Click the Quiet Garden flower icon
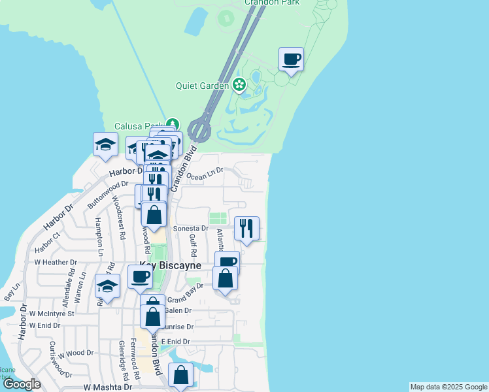tap(240, 85)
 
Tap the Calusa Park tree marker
tap(172, 124)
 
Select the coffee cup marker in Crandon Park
tap(292, 60)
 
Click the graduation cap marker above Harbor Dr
tap(105, 145)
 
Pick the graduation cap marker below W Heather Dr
tap(108, 287)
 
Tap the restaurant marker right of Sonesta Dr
tap(246, 229)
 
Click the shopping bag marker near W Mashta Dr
tap(181, 376)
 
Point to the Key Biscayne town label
tap(161, 265)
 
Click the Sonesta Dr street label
tap(191, 229)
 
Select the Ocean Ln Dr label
tap(205, 173)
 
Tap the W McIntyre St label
tap(52, 313)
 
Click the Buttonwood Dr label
tap(108, 193)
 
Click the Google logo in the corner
tap(22, 384)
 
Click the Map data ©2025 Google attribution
tap(448, 387)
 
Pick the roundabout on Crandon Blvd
tap(199, 129)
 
